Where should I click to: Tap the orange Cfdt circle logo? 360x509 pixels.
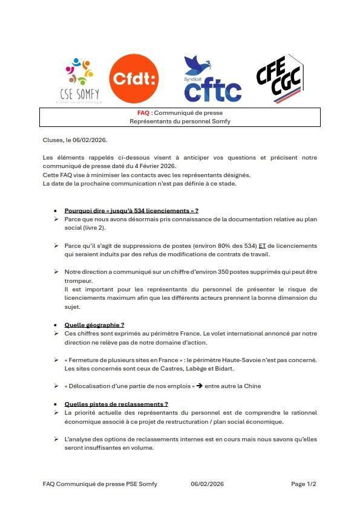pos(134,79)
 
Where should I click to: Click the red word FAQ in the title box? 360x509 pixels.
pos(143,113)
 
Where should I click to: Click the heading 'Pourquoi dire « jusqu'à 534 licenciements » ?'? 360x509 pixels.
pos(131,210)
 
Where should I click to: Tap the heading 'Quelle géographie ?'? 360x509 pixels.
pos(94,325)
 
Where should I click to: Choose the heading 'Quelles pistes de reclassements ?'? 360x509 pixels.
pos(116,404)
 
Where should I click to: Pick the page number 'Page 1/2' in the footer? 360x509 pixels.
pos(303,484)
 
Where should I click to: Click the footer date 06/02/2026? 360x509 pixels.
pos(207,484)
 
